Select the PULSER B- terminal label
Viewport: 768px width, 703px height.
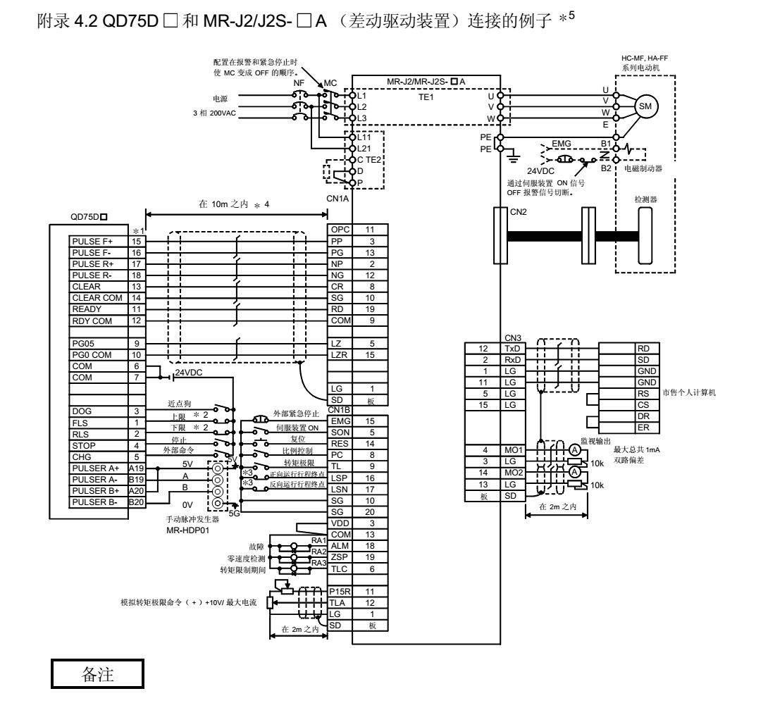tap(96, 502)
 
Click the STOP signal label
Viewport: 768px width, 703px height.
tap(84, 445)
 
